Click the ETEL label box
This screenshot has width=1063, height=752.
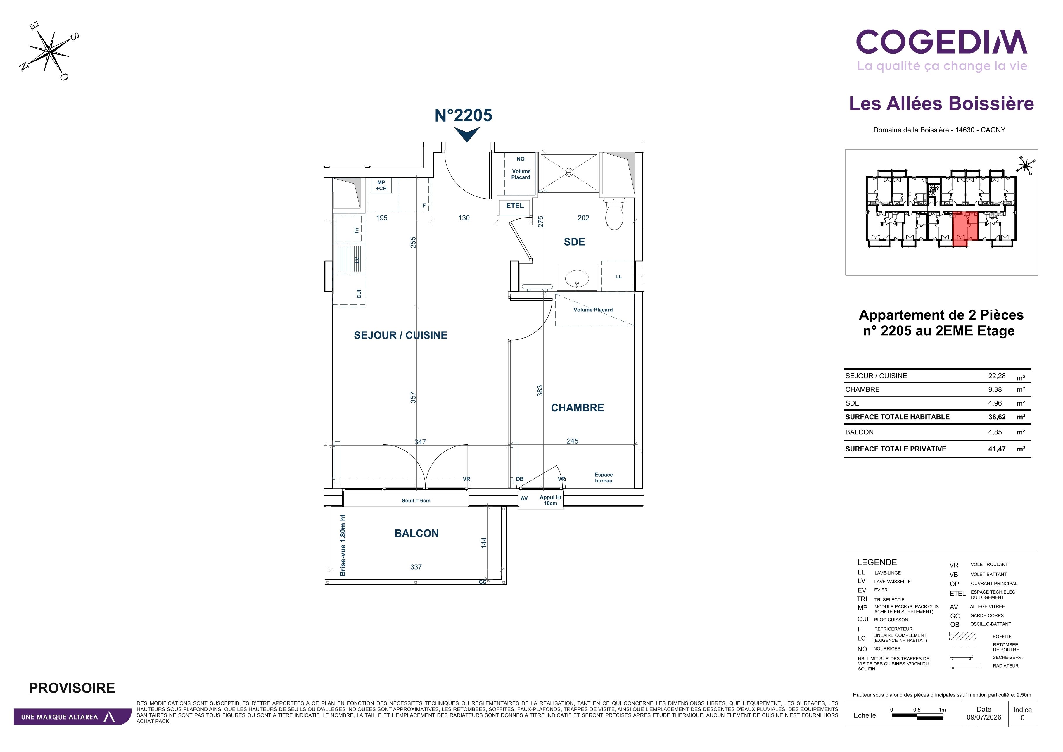[x=515, y=206]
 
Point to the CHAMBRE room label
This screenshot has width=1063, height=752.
[x=577, y=408]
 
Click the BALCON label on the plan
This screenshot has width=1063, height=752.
[x=416, y=533]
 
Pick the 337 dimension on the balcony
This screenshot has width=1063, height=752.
[x=416, y=567]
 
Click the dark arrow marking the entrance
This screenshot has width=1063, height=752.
[x=467, y=135]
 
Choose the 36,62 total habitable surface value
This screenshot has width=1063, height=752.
[x=997, y=417]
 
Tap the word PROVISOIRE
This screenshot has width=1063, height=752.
[x=72, y=688]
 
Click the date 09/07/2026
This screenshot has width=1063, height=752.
[x=984, y=717]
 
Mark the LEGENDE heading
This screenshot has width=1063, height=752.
[x=877, y=562]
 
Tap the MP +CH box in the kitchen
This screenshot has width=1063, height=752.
[x=381, y=186]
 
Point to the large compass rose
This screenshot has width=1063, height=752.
[x=49, y=51]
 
